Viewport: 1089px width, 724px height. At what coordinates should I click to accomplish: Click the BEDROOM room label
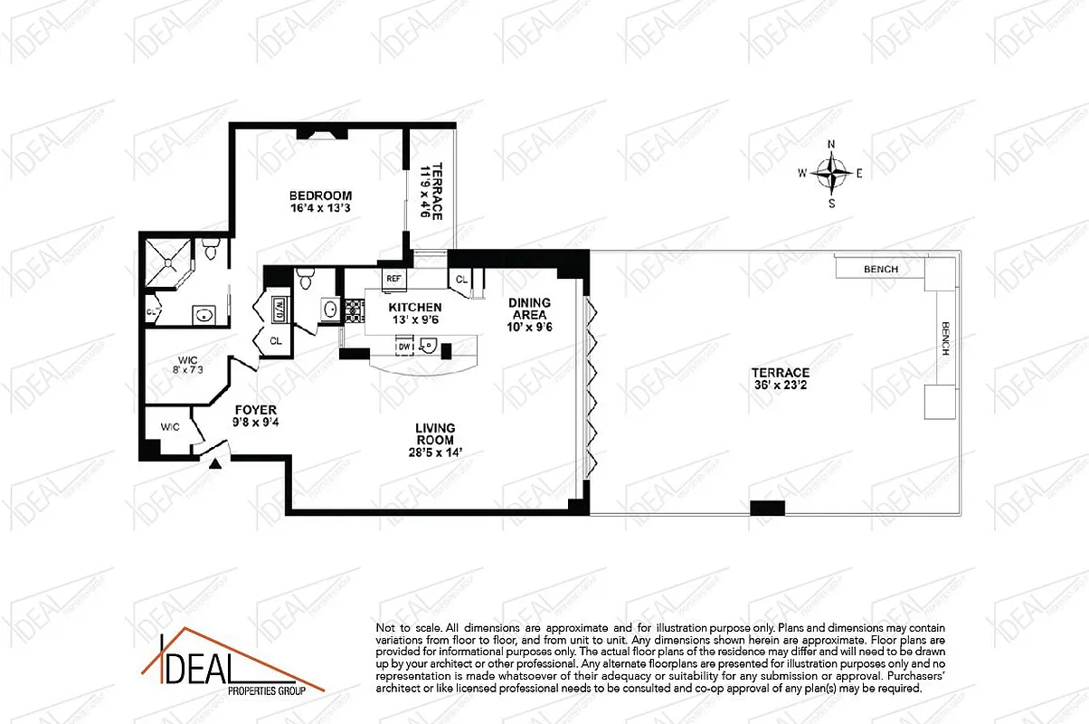tap(320, 195)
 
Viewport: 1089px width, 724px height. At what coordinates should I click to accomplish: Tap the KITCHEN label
tap(415, 308)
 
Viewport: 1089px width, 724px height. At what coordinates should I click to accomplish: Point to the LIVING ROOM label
tap(435, 428)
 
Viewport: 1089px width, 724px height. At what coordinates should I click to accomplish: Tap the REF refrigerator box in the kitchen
tap(393, 279)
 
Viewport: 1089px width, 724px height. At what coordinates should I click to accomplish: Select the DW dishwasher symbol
tap(404, 346)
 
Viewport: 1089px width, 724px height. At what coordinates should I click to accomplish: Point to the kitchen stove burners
tap(353, 310)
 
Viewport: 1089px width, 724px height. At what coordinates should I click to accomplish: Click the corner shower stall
tap(166, 258)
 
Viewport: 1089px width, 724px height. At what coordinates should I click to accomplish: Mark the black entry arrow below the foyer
tap(215, 464)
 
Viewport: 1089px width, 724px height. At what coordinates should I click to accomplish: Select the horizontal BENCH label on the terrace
tap(880, 269)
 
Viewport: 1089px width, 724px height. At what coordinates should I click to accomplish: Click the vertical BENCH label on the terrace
tap(944, 338)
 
